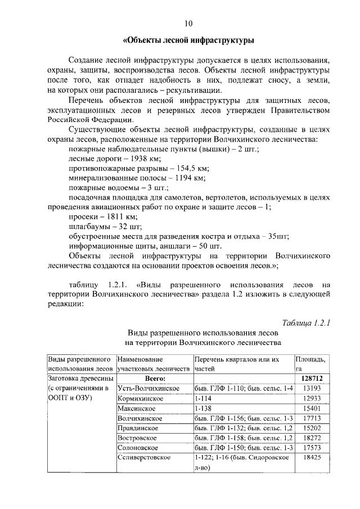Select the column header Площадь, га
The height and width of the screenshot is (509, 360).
(310, 363)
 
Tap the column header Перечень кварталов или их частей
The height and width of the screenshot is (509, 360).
(236, 363)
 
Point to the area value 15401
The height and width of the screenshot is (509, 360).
(310, 408)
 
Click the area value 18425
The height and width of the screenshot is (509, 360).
(310, 458)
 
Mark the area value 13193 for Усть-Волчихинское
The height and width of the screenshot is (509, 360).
(310, 389)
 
